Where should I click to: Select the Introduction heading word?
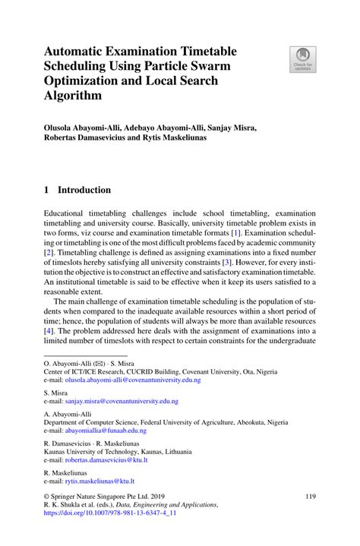[85, 190]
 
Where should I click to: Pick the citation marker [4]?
[49, 331]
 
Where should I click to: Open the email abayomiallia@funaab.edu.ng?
[106, 431]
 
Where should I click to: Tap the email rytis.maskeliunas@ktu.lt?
[99, 481]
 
